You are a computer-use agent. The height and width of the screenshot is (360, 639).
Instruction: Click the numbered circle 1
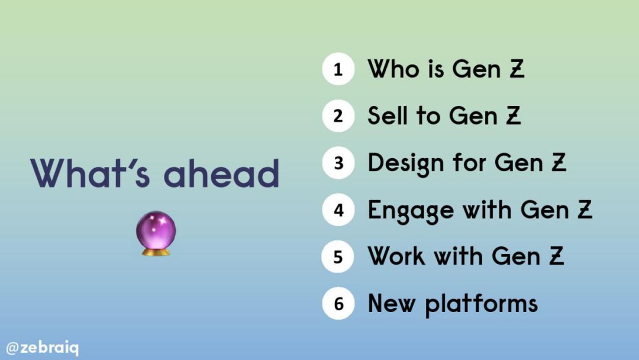[338, 69]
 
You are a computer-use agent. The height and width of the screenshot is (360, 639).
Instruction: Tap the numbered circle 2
[338, 116]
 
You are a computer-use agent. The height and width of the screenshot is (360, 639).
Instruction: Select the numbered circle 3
[338, 163]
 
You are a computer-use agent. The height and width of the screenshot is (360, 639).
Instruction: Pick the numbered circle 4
[338, 210]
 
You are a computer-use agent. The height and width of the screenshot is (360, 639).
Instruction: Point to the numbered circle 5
[338, 256]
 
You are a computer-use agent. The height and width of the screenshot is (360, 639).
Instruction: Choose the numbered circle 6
[338, 303]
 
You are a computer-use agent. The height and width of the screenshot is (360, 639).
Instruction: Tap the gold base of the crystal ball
[156, 252]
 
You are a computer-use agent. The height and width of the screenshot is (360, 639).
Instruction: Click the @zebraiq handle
[43, 348]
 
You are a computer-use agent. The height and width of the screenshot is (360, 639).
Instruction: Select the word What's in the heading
[90, 173]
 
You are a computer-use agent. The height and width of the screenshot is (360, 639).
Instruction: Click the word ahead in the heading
[221, 173]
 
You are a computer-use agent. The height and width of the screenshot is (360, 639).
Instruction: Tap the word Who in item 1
[393, 69]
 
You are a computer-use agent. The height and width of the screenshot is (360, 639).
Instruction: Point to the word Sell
[388, 115]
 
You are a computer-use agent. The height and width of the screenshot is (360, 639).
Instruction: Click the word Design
[406, 164]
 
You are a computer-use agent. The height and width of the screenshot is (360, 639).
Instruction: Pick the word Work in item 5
[396, 256]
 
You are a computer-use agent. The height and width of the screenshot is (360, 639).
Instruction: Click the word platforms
[481, 305]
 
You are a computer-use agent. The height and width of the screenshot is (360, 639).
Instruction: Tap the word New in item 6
[391, 303]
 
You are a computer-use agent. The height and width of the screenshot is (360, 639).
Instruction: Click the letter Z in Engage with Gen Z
[585, 209]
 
